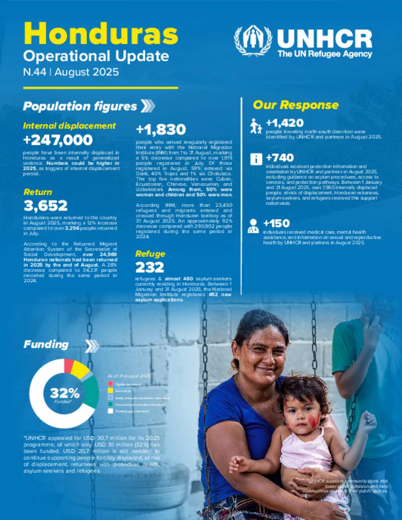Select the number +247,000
pyautogui.click(x=58, y=140)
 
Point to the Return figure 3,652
pyautogui.click(x=46, y=206)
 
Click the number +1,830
pyautogui.click(x=161, y=130)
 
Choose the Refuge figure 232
pyautogui.click(x=150, y=267)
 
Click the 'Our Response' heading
pyautogui.click(x=296, y=105)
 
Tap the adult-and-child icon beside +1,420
pyautogui.click(x=256, y=126)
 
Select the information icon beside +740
pyautogui.click(x=256, y=159)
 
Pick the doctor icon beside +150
pyautogui.click(x=253, y=226)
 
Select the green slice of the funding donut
pyautogui.click(x=91, y=392)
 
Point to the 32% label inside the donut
pyautogui.click(x=64, y=393)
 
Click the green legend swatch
pyautogui.click(x=111, y=404)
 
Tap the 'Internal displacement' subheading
pyautogui.click(x=69, y=126)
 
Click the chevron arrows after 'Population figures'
pyautogui.click(x=148, y=106)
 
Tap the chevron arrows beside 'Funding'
pyautogui.click(x=92, y=346)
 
